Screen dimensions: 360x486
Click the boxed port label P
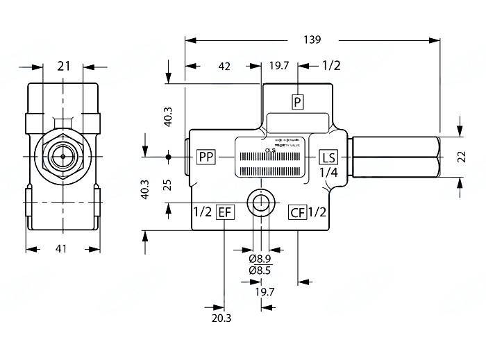(297, 102)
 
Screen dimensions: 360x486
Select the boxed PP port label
(206, 157)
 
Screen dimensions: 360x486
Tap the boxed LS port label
(328, 157)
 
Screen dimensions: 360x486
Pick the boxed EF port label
(224, 212)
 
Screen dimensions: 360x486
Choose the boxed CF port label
(297, 212)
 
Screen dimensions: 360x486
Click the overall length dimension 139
(312, 40)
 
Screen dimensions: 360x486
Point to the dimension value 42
(224, 66)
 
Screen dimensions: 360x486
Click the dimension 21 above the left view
(64, 66)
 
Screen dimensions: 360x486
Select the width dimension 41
(62, 249)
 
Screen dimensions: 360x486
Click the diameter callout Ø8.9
(260, 258)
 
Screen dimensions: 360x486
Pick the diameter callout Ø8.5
(260, 271)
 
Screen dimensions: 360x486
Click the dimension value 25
(167, 185)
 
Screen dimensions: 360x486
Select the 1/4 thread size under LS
(328, 172)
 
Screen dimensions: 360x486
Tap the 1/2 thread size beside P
(331, 66)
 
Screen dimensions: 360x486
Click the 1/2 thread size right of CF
(317, 212)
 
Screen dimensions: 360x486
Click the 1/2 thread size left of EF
(201, 212)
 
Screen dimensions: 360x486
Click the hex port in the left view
(62, 157)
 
